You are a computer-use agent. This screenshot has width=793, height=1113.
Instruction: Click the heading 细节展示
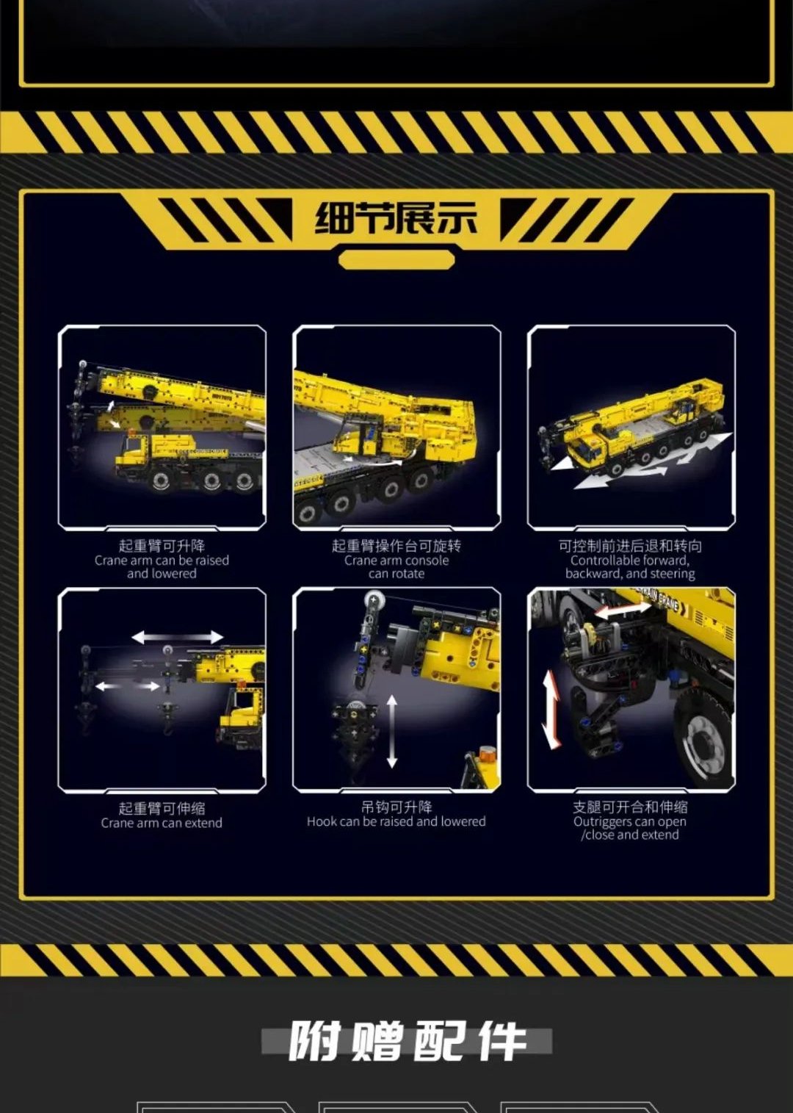pos(396,218)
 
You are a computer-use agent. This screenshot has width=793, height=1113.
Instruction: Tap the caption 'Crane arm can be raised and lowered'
pos(162,567)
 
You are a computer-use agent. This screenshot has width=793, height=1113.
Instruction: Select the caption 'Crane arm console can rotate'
pos(396,567)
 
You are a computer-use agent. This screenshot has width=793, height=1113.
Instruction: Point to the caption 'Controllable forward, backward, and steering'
pos(630,567)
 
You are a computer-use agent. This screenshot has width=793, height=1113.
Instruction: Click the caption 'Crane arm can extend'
pos(162,823)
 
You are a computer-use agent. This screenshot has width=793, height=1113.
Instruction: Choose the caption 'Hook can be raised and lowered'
pos(396,821)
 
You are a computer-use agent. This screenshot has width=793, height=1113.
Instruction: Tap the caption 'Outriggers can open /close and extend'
pos(630,828)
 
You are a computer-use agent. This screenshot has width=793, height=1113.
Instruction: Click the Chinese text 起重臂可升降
pos(162,546)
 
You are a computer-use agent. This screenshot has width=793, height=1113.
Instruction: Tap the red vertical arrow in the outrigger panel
pos(550,709)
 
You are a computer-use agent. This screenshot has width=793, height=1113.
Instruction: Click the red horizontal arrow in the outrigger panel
pos(623,610)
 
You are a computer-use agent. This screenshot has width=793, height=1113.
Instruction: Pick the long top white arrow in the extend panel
pos(177,637)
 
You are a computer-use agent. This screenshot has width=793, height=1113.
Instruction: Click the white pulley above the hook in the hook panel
pos(372,600)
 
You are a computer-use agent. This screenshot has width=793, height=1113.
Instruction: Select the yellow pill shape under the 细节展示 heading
pos(396,260)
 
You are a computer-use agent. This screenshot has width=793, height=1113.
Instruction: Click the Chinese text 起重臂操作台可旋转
pos(396,546)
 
